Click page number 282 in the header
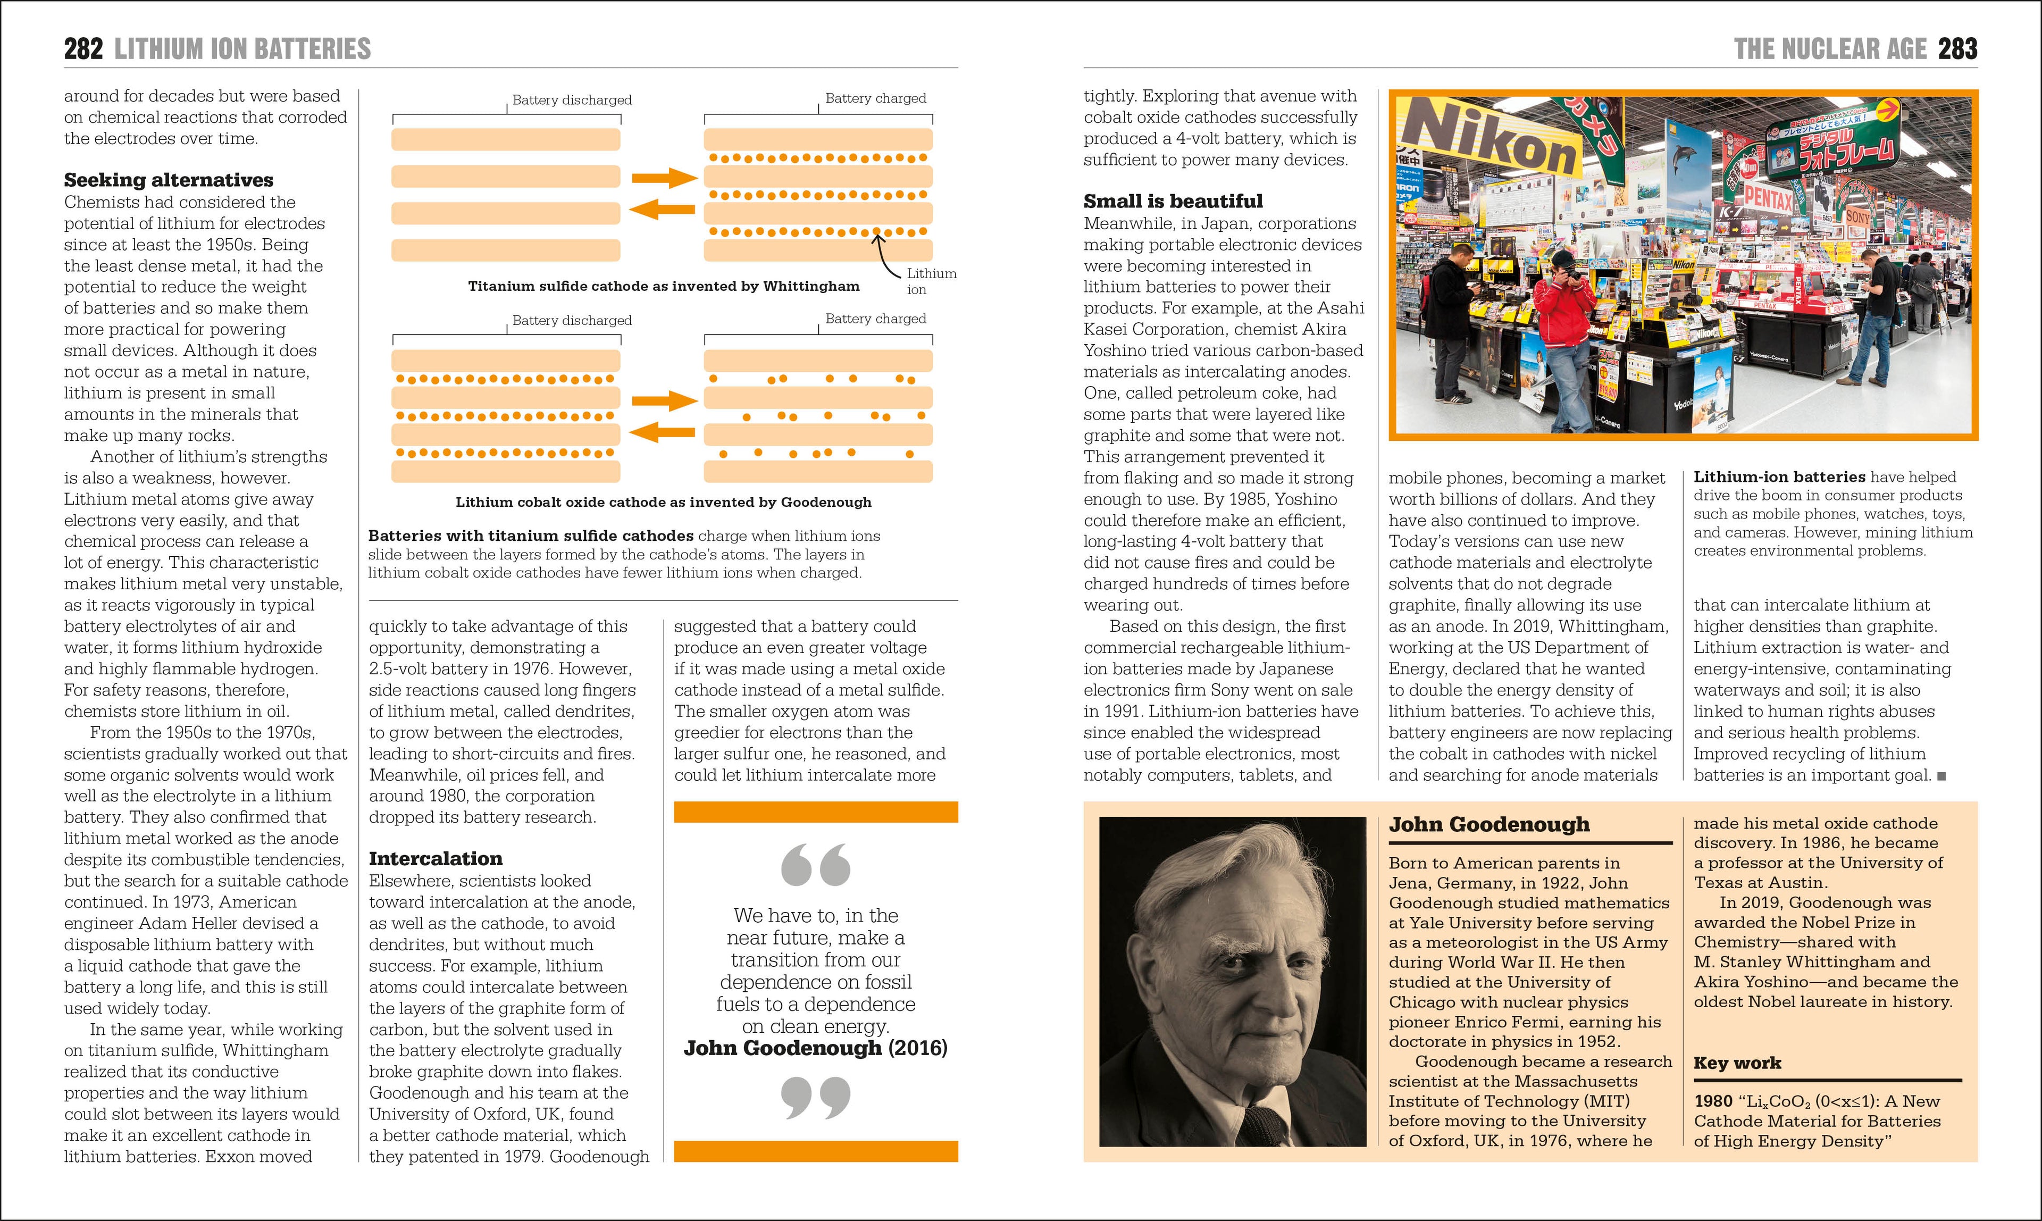click(x=83, y=49)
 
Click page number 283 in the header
click(x=1957, y=49)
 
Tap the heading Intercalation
click(x=435, y=859)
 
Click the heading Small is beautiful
click(x=1173, y=202)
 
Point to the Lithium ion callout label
click(x=931, y=281)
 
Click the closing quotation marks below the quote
click(x=815, y=1098)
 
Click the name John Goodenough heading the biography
click(x=1489, y=824)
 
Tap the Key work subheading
click(x=1737, y=1063)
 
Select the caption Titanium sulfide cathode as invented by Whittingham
click(x=663, y=286)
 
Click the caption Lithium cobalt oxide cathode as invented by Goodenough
click(x=663, y=502)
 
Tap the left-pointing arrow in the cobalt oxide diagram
click(x=662, y=432)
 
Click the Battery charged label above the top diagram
click(x=875, y=99)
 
